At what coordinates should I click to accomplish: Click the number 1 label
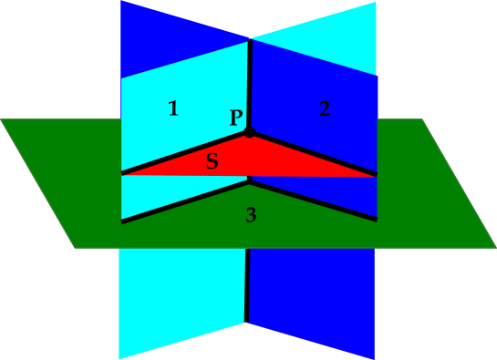173,109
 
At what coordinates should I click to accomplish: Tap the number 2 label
324,109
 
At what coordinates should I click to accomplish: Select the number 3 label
251,216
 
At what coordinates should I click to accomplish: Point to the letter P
236,118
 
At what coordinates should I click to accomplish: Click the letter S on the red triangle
212,162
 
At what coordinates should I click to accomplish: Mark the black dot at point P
249,134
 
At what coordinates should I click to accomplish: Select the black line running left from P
182,153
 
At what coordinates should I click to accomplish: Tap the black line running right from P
315,153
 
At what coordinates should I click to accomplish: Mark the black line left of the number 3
182,201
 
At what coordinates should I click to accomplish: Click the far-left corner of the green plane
3,120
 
